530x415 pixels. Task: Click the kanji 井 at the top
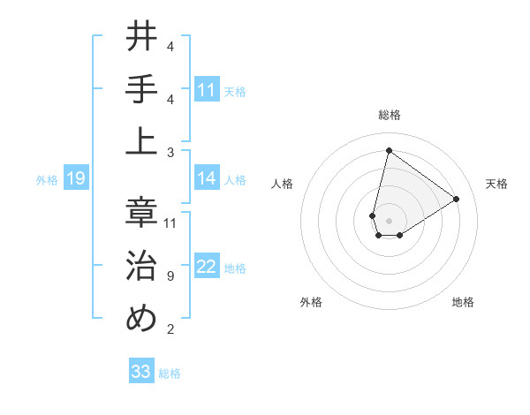tap(141, 37)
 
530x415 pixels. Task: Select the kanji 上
tap(141, 141)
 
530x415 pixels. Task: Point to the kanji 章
tap(141, 212)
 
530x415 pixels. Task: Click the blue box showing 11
tap(207, 90)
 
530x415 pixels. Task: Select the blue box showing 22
tap(207, 268)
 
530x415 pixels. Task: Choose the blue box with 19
tap(75, 179)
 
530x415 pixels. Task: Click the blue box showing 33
tap(141, 372)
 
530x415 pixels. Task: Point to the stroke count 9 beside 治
tap(170, 276)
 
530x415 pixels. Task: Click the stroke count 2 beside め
tap(170, 329)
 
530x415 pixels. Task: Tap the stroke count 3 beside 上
tap(170, 152)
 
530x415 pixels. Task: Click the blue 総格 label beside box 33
tap(170, 373)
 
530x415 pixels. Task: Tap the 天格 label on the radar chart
tap(496, 184)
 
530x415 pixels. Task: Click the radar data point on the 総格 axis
tap(389, 150)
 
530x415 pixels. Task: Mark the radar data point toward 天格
tap(456, 199)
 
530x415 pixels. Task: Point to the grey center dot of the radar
tap(389, 219)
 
